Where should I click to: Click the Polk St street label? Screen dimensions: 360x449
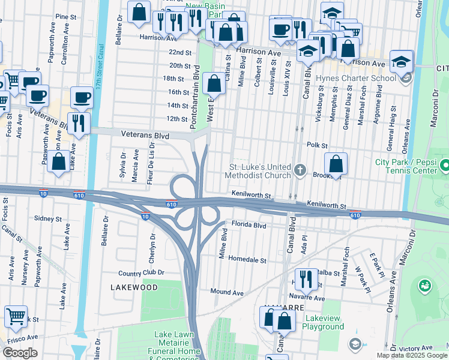click(316, 145)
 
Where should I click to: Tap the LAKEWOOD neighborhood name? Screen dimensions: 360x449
click(134, 287)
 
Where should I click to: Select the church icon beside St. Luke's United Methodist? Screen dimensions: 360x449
click(300, 171)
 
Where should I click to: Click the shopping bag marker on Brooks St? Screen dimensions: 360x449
click(337, 163)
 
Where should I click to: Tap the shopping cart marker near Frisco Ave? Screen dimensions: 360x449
click(16, 316)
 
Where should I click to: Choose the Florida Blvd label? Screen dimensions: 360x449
click(249, 226)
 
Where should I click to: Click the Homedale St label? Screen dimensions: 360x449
click(246, 260)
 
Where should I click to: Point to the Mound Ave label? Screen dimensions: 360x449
click(226, 292)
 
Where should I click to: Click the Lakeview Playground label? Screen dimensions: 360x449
click(315, 322)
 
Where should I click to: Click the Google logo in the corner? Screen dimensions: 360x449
click(20, 353)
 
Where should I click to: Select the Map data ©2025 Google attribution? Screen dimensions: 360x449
click(411, 355)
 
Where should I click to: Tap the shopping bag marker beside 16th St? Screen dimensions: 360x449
click(213, 84)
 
